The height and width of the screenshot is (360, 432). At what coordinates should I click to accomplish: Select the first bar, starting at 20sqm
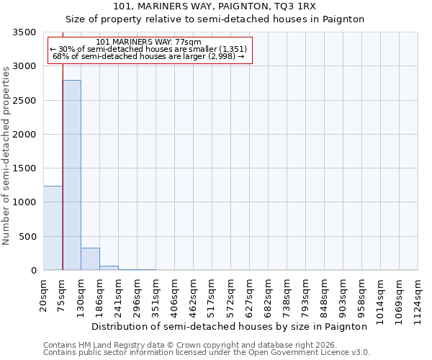click(x=53, y=228)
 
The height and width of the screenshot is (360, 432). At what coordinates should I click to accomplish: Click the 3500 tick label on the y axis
click(x=24, y=33)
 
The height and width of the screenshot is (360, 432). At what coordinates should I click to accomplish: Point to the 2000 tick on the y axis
click(x=24, y=135)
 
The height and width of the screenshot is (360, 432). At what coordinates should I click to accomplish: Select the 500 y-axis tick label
click(x=27, y=237)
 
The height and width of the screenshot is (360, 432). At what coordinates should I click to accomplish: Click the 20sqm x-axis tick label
click(x=44, y=294)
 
